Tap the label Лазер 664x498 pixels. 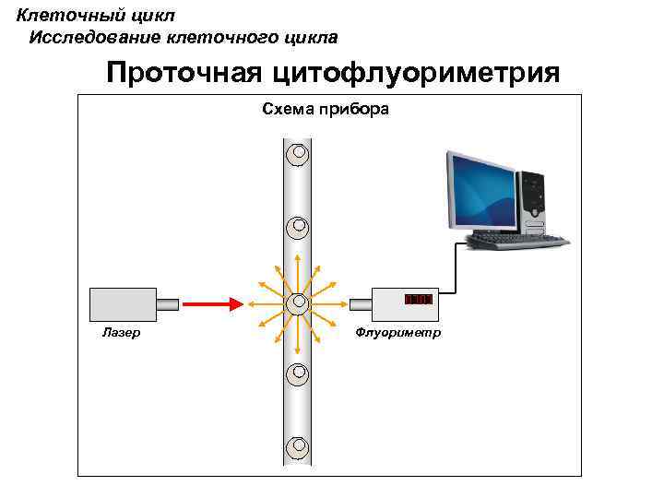tap(121, 332)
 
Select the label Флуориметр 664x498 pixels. tap(398, 332)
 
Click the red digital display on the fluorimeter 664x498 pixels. tap(418, 300)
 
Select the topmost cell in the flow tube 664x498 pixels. tap(297, 154)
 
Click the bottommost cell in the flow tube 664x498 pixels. tap(297, 447)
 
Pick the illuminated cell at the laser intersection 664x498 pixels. tap(297, 302)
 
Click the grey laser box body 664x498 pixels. tap(124, 302)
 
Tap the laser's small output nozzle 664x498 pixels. tap(168, 302)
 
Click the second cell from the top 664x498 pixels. tap(297, 227)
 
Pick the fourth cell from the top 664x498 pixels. tap(297, 374)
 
